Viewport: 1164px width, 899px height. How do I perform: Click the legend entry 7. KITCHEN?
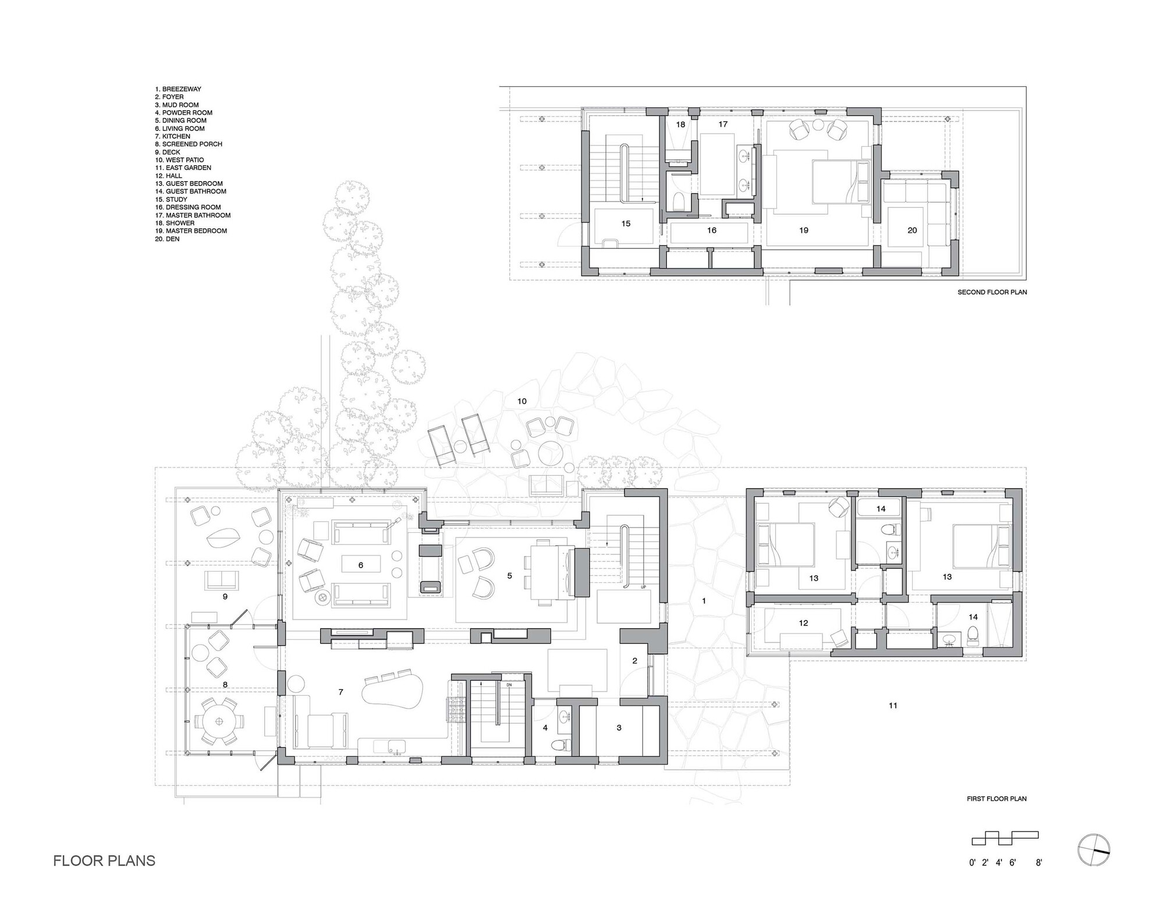(x=172, y=136)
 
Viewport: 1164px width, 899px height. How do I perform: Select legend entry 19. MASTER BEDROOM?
(x=191, y=231)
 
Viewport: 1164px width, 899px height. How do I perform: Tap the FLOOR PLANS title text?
(x=104, y=861)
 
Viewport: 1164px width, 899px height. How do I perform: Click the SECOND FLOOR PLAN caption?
(x=992, y=292)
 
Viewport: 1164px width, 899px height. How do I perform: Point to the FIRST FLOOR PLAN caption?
(x=996, y=799)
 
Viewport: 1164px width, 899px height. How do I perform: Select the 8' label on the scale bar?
(x=1039, y=863)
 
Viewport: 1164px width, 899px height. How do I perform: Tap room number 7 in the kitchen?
(x=341, y=692)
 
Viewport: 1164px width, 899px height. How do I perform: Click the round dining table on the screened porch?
(x=220, y=722)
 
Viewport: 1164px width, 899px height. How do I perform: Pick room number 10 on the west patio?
(x=522, y=401)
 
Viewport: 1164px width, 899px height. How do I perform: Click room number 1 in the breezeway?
(x=704, y=600)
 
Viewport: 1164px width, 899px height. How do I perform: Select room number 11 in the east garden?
(x=893, y=706)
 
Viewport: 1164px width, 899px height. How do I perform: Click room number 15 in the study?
(x=626, y=224)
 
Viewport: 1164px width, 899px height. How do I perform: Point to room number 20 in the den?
(x=912, y=231)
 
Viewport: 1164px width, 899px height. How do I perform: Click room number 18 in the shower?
(x=680, y=125)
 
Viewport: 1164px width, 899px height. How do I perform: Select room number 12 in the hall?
(x=803, y=623)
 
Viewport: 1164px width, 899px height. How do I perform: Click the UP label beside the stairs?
(x=643, y=587)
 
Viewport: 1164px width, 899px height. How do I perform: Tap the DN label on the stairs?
(x=509, y=685)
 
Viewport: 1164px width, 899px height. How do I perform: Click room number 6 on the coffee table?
(x=361, y=565)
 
